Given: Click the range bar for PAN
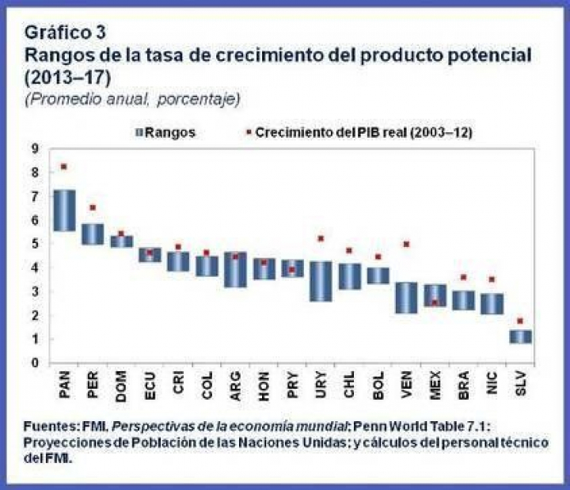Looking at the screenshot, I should [x=64, y=211].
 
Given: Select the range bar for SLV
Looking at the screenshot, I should [x=520, y=336].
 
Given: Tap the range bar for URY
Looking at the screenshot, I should [x=321, y=281].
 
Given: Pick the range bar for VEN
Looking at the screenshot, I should [x=406, y=298].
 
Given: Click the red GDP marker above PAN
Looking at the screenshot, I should [x=64, y=166].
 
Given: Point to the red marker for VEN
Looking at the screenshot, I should [x=406, y=245].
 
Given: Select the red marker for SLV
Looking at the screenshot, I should [x=520, y=321].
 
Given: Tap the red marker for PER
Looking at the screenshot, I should [x=93, y=207].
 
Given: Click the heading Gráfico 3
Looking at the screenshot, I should [x=65, y=32].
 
